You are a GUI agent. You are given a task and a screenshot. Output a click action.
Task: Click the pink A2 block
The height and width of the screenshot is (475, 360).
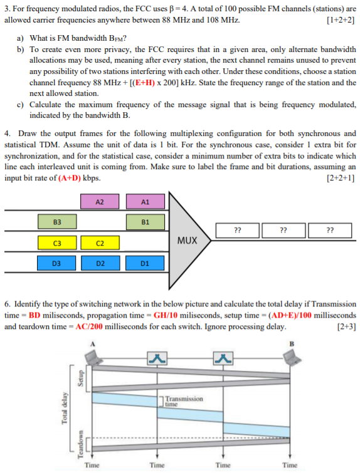tap(100, 202)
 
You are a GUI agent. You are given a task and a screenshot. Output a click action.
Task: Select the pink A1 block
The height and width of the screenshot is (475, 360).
tap(145, 202)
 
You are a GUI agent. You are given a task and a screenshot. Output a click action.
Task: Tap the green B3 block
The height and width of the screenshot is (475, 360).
tap(56, 222)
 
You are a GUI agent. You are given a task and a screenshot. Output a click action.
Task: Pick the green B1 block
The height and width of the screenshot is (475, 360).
tap(145, 222)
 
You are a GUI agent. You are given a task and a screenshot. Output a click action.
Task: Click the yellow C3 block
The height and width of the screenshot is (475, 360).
tap(56, 243)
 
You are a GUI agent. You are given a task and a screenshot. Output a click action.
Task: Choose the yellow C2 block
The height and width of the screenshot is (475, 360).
tap(100, 243)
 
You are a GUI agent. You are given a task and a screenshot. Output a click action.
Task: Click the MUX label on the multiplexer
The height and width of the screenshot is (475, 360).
tap(188, 240)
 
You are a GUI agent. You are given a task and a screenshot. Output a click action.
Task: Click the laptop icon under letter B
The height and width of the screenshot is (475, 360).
tap(291, 358)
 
